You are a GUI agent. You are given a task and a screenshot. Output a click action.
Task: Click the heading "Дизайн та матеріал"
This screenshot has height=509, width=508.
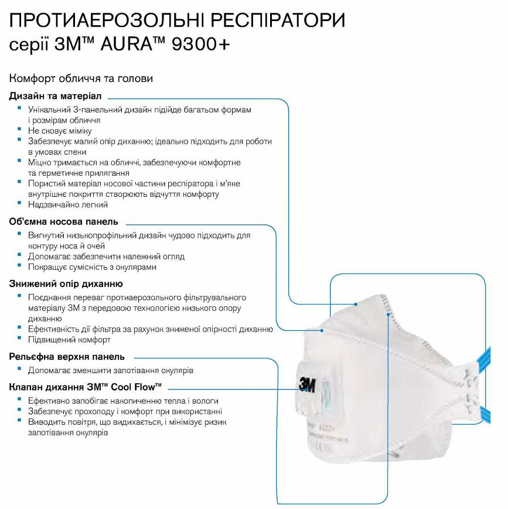55,95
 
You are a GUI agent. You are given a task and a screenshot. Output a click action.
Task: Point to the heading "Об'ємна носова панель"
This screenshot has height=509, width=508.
64,221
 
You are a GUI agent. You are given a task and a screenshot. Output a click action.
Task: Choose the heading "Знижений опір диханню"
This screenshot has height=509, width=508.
66,284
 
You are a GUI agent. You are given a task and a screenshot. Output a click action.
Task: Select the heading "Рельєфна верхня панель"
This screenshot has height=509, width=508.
67,357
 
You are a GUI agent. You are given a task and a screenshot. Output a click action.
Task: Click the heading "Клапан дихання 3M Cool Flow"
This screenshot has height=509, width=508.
86,387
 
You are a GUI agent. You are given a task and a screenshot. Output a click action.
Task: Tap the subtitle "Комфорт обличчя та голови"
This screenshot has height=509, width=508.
81,78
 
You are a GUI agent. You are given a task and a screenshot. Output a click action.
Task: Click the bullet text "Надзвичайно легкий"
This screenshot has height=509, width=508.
67,205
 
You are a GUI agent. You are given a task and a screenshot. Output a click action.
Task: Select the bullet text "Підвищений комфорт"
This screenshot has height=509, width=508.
69,340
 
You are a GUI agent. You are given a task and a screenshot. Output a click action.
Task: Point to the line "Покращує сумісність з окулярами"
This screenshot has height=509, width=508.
92,267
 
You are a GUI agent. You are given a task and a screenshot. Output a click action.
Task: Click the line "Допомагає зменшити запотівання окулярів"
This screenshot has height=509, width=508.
111,370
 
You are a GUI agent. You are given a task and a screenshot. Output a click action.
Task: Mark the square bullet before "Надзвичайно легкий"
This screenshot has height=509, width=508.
20,204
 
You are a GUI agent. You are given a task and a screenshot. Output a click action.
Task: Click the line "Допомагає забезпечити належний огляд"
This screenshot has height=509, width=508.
106,257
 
